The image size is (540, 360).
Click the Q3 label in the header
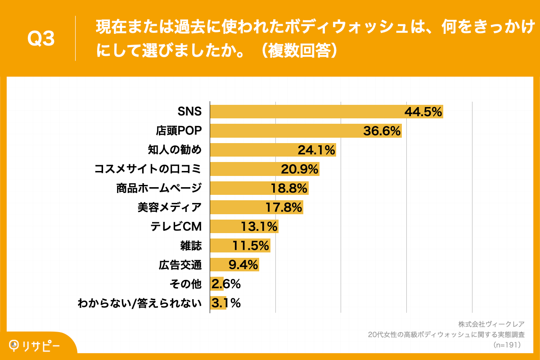[x=41, y=39]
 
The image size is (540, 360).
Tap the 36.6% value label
[x=382, y=131]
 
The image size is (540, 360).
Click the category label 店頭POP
[x=179, y=131]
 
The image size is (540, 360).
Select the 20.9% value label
[x=300, y=169]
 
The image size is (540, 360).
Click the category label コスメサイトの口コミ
[x=148, y=169]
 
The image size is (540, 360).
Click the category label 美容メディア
[x=170, y=207]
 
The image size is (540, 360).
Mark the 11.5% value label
[x=251, y=246]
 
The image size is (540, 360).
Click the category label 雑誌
[x=191, y=246]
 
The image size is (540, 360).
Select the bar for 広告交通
[x=234, y=265]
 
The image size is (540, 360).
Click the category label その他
[x=184, y=284]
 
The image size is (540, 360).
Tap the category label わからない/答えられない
[x=139, y=303]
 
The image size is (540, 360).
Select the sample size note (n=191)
[x=507, y=345]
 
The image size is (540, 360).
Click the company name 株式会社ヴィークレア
[x=491, y=324]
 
